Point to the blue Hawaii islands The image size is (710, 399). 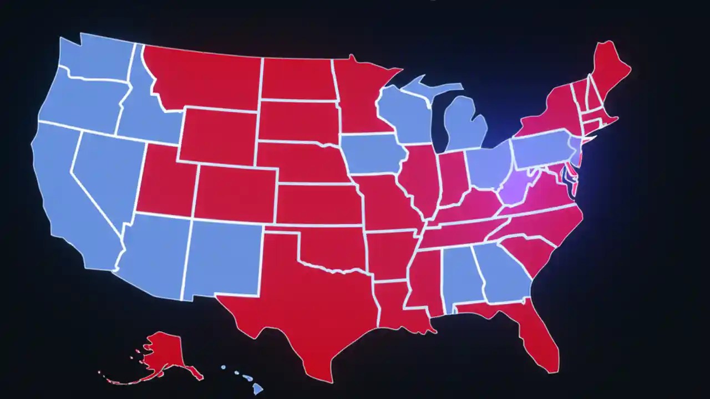pos(250,380)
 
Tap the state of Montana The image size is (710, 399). pos(205,78)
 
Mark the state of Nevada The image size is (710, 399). pos(105,172)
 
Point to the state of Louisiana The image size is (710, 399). pos(397,305)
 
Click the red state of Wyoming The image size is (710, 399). pos(219,136)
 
